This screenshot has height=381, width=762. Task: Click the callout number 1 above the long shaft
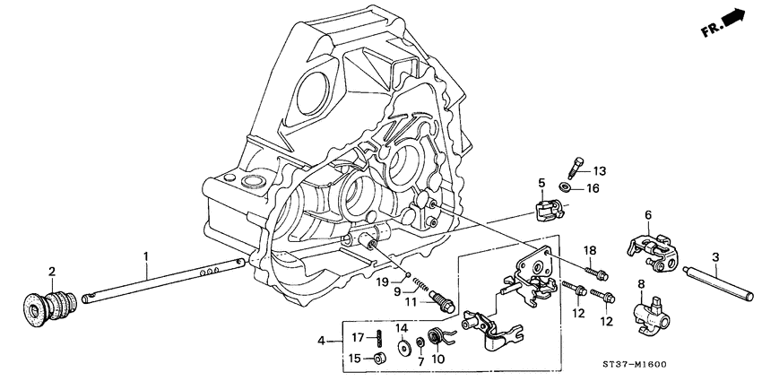click(x=144, y=256)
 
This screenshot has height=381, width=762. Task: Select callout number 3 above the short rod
click(x=714, y=258)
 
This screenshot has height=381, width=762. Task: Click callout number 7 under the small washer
click(x=420, y=362)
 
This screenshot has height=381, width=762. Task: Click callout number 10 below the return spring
click(x=438, y=361)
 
